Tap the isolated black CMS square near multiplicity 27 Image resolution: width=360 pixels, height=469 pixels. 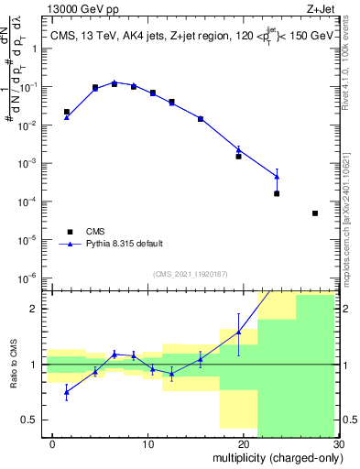[315, 213]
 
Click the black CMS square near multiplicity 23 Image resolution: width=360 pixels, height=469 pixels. [277, 193]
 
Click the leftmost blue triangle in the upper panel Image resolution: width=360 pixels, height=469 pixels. [66, 117]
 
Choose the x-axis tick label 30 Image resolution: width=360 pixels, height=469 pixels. [337, 444]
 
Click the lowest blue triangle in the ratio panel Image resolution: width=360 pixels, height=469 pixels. [66, 392]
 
